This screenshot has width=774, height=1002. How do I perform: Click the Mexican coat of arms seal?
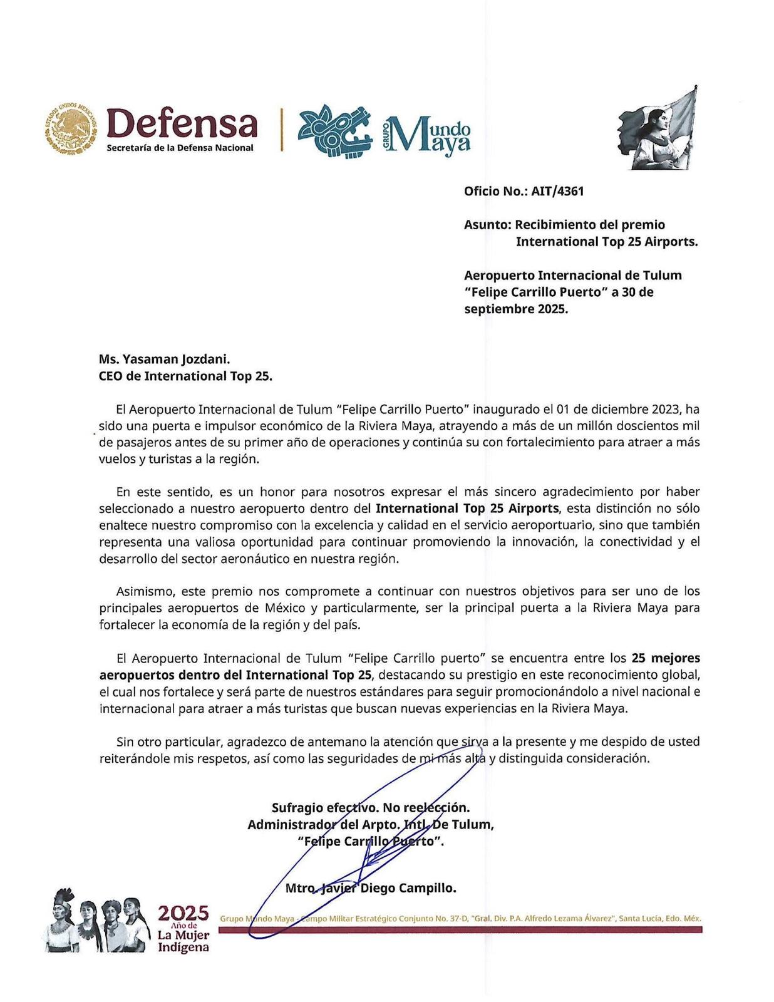(x=71, y=129)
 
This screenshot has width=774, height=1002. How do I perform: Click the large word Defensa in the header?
(x=182, y=123)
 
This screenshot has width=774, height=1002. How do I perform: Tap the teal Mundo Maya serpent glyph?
(x=334, y=130)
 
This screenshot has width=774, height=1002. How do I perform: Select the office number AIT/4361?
(x=557, y=192)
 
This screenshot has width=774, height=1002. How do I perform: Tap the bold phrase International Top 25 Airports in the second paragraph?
(x=467, y=509)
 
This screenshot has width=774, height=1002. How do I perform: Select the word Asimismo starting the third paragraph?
(x=141, y=591)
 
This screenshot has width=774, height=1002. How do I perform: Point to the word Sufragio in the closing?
(x=297, y=808)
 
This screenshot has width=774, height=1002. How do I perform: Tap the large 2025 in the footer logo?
(x=183, y=914)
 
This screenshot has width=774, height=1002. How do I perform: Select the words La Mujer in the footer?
(x=183, y=936)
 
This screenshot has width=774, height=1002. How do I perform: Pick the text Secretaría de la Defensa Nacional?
(x=180, y=148)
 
